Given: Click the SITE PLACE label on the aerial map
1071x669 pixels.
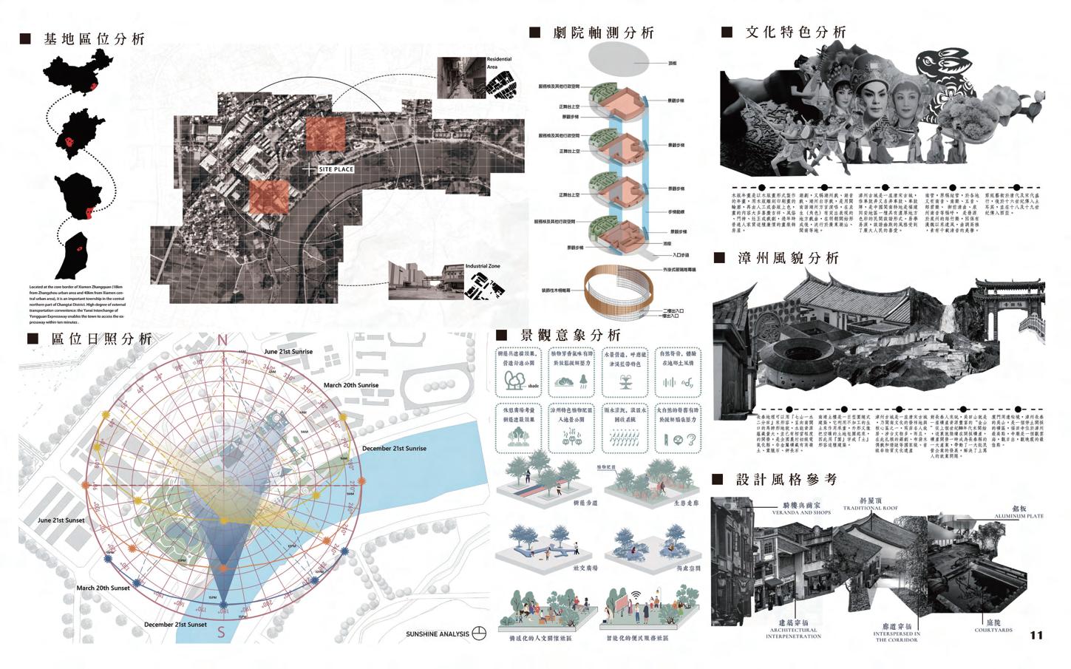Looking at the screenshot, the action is point(336,169).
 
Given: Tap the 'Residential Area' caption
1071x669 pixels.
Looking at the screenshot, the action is point(499,63).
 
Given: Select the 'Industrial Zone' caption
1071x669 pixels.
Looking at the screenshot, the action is point(483,266).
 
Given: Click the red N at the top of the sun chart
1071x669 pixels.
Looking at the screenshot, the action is point(222,341).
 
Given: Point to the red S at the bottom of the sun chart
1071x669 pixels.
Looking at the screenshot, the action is point(221,632).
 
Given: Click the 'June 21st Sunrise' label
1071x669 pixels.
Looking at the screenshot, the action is point(288,352).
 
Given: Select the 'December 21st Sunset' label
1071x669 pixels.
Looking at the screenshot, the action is point(175,625).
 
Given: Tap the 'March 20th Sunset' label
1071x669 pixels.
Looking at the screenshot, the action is point(103,588).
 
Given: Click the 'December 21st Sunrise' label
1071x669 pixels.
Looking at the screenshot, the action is point(394,449).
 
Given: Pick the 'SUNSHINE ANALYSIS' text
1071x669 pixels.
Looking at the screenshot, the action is point(438,634).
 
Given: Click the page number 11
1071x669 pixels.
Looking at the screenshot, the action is point(1036,635).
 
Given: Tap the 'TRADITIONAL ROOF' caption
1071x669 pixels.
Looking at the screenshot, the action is point(871,508).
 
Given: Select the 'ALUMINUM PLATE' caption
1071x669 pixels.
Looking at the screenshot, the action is point(1019,516).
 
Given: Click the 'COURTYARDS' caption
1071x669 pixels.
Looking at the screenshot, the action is point(993,630).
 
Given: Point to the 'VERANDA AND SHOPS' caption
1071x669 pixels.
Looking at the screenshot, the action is point(801,512).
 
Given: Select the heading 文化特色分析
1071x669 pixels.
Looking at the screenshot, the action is point(795,33).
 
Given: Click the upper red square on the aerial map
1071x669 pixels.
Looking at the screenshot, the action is point(325,134).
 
